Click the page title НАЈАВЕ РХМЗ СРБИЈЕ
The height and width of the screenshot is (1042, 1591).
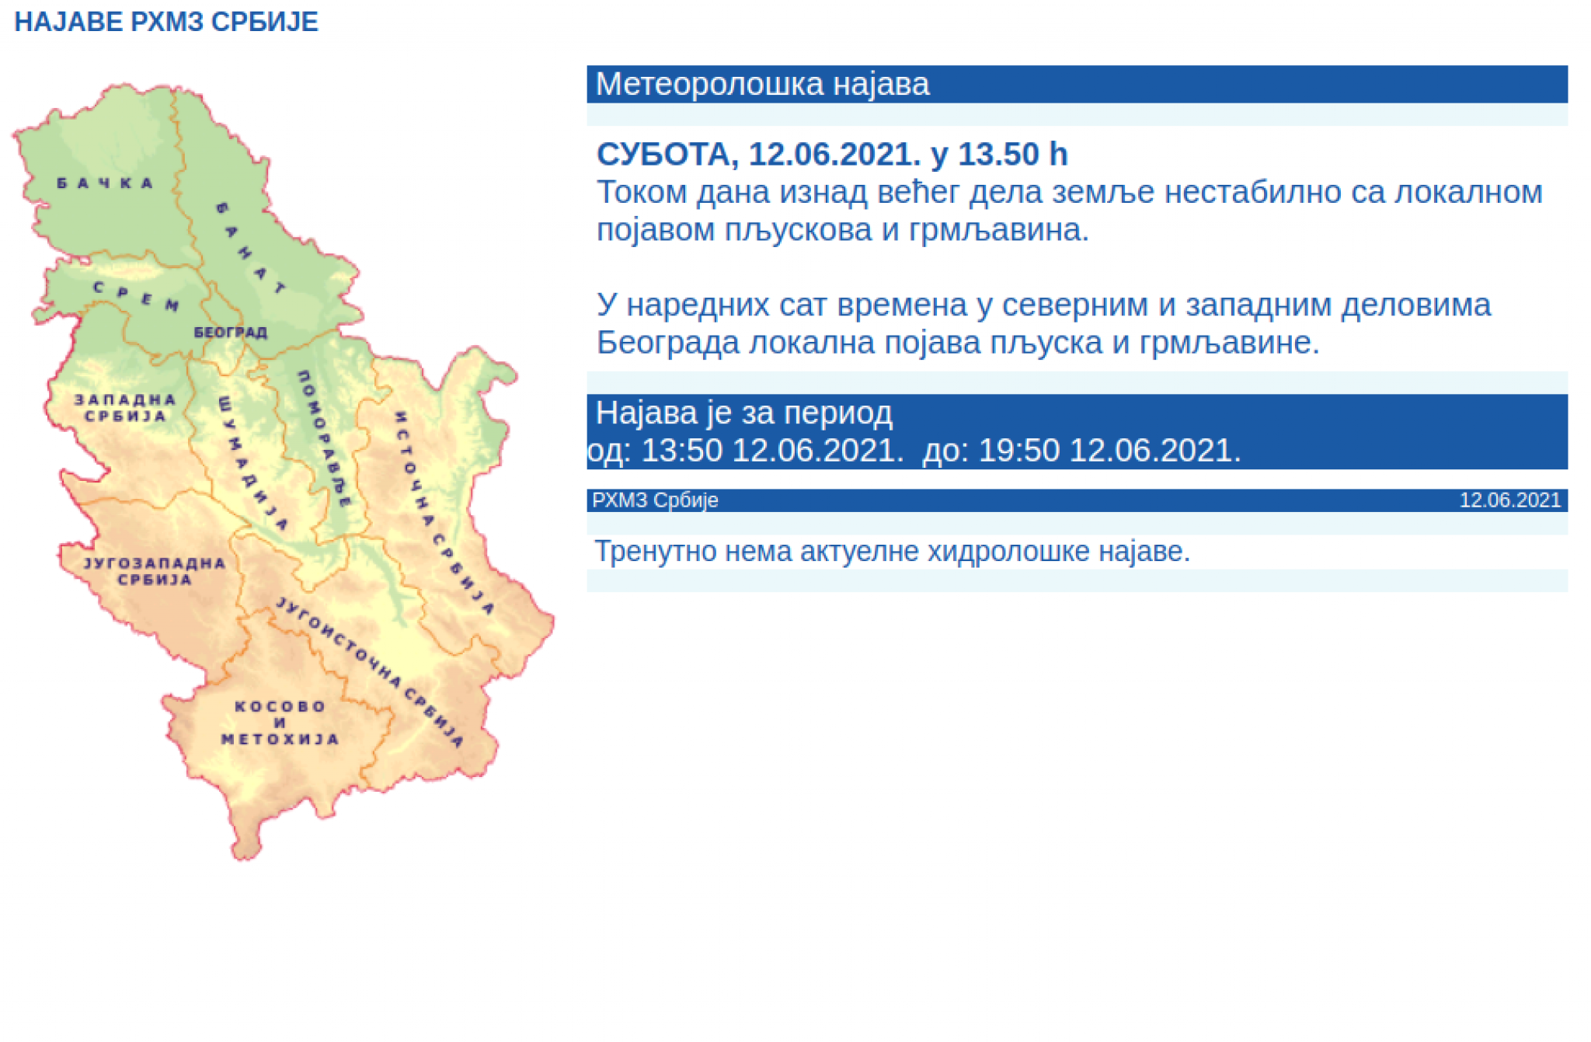[166, 22]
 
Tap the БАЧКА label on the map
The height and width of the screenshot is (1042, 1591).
[106, 183]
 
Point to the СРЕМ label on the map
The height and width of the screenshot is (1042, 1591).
[137, 296]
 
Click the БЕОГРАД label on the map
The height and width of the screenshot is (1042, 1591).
[230, 333]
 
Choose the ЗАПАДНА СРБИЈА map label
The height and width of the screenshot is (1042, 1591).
[125, 408]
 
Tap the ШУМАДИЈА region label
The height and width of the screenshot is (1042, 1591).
[252, 463]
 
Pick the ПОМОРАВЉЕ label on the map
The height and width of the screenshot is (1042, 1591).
[325, 439]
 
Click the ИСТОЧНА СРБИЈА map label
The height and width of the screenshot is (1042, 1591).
[444, 513]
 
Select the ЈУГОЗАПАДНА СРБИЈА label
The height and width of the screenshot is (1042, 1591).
[155, 571]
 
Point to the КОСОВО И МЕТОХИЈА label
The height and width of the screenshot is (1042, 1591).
[280, 723]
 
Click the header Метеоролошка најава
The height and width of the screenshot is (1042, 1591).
[762, 84]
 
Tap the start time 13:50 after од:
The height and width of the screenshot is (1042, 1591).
[681, 451]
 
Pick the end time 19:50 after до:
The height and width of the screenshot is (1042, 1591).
[1018, 451]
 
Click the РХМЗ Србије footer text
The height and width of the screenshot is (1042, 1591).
[655, 500]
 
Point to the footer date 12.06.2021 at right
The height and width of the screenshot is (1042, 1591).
[1509, 500]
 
